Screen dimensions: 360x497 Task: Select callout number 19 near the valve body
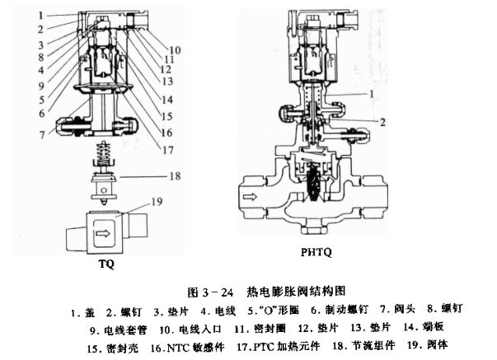(157, 200)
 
